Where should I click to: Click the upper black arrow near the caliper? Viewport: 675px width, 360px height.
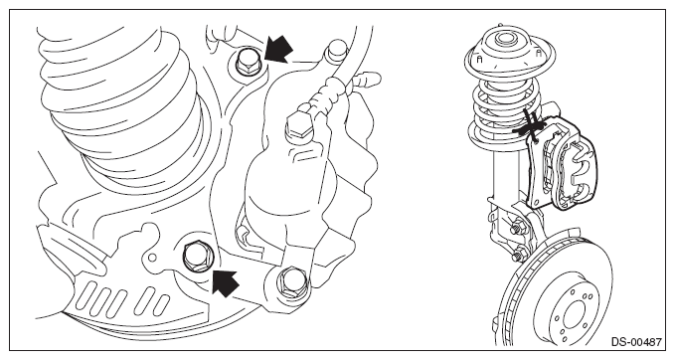278,50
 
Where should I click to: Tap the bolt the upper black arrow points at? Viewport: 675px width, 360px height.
247,63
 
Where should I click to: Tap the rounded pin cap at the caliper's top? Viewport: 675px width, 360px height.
337,50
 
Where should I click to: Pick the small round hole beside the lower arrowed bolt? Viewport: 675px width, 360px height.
152,258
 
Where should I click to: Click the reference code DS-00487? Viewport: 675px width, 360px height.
636,342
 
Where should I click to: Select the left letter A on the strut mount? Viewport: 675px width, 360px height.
480,60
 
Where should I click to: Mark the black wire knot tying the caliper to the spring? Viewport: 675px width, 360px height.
532,127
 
